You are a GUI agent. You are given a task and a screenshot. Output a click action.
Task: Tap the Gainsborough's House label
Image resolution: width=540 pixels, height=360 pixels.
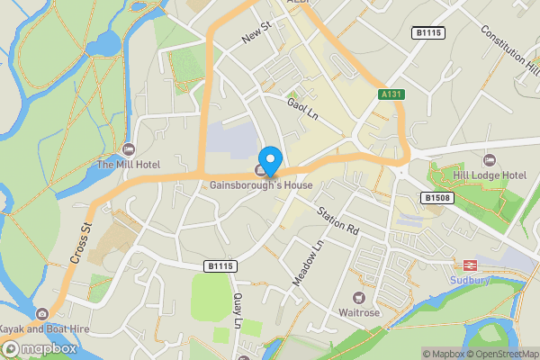pos(261,185)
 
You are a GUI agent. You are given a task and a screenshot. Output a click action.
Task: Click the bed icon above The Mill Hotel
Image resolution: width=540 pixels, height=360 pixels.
pos(128,148)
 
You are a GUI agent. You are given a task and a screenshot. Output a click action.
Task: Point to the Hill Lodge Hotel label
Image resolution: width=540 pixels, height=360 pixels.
pos(490,175)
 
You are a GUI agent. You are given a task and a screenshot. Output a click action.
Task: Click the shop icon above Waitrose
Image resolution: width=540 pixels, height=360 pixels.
pos(358,298)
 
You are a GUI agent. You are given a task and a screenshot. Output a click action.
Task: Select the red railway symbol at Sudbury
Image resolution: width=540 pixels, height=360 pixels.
pos(469,265)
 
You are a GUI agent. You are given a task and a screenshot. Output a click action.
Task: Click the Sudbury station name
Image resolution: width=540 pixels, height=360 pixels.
pos(469,279)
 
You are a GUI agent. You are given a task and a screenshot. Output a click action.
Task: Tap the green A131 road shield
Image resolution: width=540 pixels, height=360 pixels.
pos(390,94)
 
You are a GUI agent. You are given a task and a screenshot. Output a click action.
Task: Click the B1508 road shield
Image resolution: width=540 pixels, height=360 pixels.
pos(436,197)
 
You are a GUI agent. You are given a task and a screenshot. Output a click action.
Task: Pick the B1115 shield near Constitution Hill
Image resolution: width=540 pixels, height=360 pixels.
pos(428,32)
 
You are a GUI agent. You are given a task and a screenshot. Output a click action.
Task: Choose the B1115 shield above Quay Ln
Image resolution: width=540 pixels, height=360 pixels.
pos(220,266)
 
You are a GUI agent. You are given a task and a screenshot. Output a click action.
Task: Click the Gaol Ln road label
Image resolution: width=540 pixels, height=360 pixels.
pos(303,111)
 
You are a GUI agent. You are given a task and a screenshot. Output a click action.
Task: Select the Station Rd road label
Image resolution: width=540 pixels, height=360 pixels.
pos(337,220)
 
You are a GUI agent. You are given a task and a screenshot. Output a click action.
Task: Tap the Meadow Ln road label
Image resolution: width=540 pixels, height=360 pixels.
pos(307,263)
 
